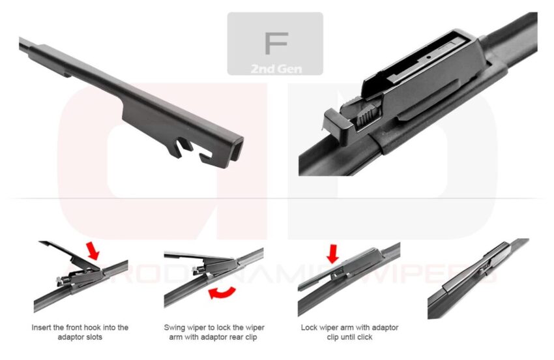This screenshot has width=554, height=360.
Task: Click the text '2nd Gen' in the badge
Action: point(275,67)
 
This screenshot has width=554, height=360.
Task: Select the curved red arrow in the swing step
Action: point(222,293)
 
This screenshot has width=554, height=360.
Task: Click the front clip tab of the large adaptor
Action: point(334,123)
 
